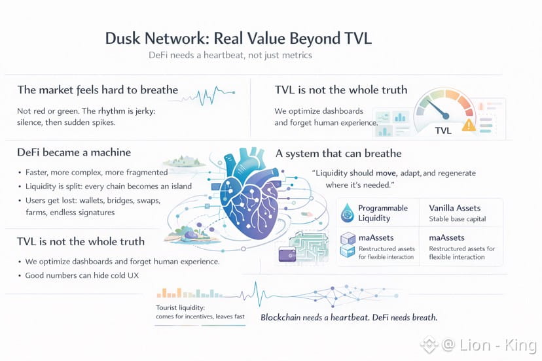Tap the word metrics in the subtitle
(x=293, y=55)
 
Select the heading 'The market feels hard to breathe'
(x=98, y=90)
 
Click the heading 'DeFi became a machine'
(x=74, y=152)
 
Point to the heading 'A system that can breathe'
(x=338, y=154)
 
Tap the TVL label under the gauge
(x=443, y=131)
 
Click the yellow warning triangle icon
(x=469, y=126)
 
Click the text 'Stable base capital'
(x=457, y=219)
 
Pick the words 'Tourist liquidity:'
(x=180, y=307)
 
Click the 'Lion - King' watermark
(x=497, y=344)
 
